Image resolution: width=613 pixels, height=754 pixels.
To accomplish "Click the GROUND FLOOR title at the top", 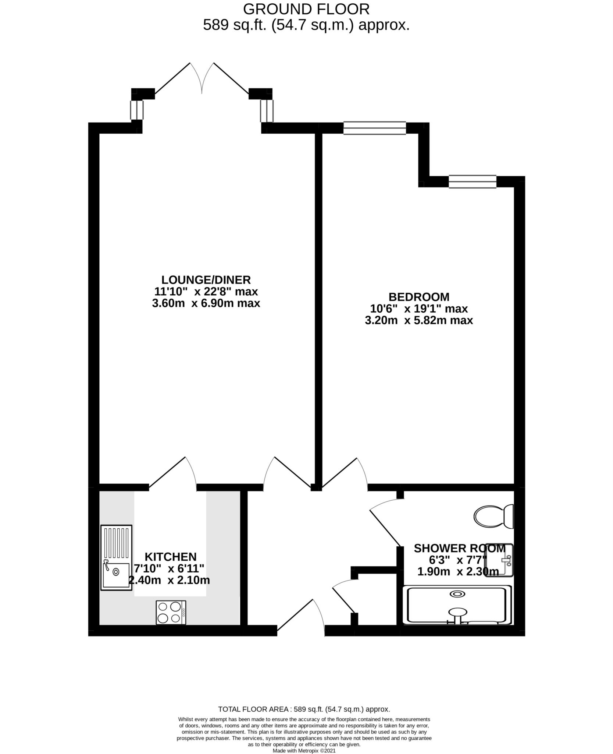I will click(306, 8).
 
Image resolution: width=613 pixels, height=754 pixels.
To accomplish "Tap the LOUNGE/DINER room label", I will click(206, 280).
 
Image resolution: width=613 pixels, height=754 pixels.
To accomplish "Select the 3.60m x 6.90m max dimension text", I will click(206, 303).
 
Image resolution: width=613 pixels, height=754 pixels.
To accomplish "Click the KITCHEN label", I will click(170, 556).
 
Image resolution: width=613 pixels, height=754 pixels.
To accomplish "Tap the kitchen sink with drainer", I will click(116, 557).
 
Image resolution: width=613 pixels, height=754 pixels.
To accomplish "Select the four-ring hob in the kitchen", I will click(171, 612).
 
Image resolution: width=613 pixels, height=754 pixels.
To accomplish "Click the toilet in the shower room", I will click(493, 516).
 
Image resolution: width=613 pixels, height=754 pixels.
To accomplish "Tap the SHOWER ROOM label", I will click(459, 548).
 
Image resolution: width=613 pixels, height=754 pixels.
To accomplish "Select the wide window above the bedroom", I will click(374, 128).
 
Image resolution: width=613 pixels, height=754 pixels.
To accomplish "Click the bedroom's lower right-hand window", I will click(472, 182).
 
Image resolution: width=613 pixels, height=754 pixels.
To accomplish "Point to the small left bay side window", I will click(137, 110).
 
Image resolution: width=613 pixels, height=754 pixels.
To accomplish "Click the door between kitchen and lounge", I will click(173, 475).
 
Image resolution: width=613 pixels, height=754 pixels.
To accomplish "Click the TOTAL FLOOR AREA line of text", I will click(304, 709).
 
